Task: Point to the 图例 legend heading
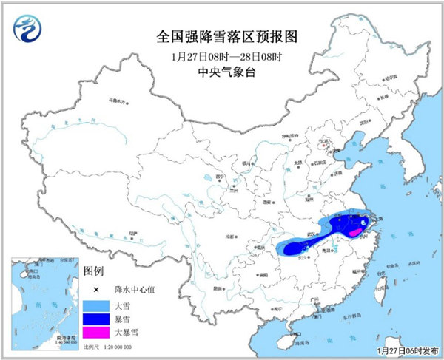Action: [x=93, y=271]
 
